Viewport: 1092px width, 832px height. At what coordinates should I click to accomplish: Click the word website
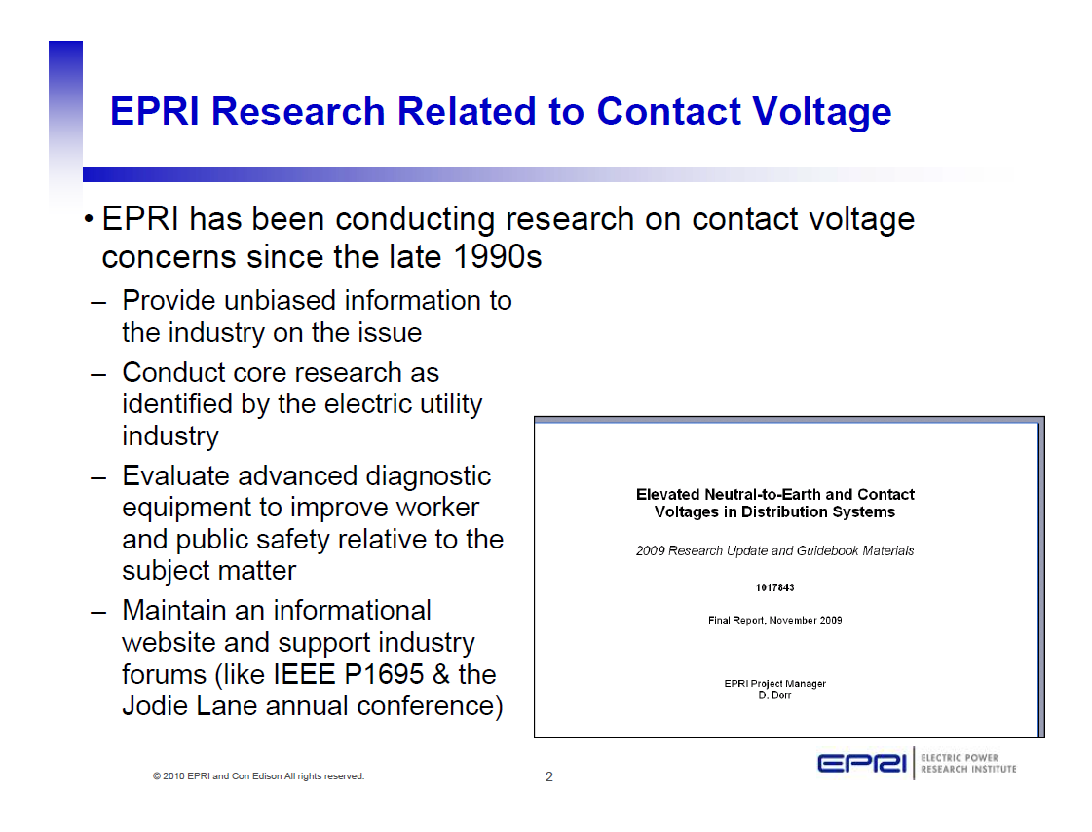pyautogui.click(x=169, y=643)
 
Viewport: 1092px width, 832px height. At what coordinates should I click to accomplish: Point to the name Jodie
pyautogui.click(x=155, y=706)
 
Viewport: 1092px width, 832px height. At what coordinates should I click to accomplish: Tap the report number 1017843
pyautogui.click(x=774, y=588)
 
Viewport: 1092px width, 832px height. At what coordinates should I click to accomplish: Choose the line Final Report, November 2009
pyautogui.click(x=774, y=621)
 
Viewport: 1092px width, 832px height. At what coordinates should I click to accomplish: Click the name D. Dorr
pyautogui.click(x=774, y=696)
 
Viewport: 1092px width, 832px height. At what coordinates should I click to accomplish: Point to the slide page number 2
pyautogui.click(x=548, y=776)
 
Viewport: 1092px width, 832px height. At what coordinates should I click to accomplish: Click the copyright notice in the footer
pyautogui.click(x=258, y=776)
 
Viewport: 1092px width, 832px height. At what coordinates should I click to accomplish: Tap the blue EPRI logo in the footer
pyautogui.click(x=862, y=764)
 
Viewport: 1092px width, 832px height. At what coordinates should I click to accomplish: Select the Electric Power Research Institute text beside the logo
pyautogui.click(x=967, y=764)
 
